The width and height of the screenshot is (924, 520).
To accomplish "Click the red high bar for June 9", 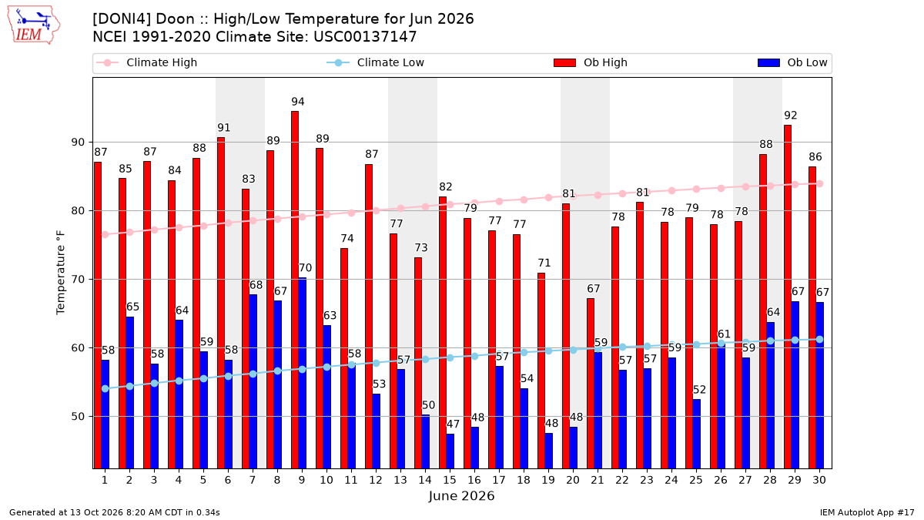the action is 295,290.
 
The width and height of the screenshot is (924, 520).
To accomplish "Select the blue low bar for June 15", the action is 450,451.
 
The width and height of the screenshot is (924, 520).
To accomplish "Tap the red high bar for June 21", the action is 591,384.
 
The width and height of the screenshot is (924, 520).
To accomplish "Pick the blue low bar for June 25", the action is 696,434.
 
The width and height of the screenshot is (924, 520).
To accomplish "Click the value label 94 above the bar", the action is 298,102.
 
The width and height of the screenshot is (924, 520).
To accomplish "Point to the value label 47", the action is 453,424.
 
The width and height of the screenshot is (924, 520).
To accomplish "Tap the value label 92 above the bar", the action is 791,115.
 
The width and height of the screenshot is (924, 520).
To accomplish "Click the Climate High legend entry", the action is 146,62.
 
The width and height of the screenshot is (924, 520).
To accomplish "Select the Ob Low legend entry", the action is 792,62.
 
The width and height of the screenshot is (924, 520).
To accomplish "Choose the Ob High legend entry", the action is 591,62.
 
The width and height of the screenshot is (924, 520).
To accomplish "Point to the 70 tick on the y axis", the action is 78,280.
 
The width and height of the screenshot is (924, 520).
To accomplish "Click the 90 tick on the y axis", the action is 78,143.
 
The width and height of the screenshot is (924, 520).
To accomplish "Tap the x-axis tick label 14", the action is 425,480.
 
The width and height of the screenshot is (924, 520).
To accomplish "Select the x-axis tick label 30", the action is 819,480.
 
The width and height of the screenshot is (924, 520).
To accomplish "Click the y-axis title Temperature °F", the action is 61,273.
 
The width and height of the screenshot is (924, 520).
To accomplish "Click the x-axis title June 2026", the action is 461,495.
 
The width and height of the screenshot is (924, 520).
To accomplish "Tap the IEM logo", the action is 33,25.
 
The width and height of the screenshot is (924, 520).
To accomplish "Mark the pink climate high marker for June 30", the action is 819,183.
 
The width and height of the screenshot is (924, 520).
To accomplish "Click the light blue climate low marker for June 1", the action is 105,389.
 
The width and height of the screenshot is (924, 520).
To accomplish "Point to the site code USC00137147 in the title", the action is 365,37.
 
